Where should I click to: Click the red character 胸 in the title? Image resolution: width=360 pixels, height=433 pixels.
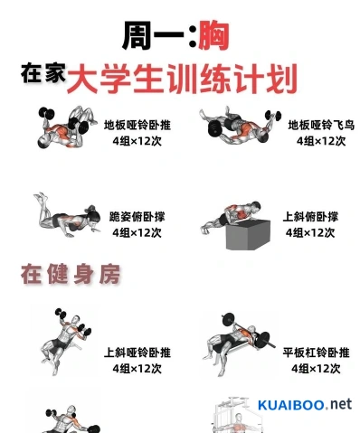click(213, 36)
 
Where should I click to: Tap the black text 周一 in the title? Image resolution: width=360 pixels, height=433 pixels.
click(153, 36)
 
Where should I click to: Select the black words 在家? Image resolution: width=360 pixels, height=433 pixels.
click(43, 72)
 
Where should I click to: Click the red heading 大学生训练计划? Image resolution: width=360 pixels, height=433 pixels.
click(183, 78)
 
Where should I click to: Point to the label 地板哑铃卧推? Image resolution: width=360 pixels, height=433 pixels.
click(137, 125)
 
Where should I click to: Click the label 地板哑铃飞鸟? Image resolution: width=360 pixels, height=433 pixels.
click(321, 125)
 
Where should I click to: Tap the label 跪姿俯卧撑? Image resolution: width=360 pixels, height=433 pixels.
click(137, 217)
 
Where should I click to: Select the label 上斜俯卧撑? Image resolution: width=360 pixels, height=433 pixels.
click(310, 217)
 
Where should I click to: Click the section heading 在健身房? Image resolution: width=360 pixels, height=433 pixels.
click(71, 274)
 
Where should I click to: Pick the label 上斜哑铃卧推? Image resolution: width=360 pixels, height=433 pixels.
click(137, 353)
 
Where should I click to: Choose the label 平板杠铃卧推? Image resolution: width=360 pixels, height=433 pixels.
click(316, 353)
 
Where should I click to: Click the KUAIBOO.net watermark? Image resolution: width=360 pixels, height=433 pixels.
click(305, 405)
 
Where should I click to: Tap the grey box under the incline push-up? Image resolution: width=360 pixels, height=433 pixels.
click(248, 235)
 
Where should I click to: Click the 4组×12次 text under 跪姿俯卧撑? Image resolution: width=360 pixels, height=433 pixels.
click(137, 232)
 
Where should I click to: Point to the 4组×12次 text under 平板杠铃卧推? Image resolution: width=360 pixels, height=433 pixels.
click(316, 369)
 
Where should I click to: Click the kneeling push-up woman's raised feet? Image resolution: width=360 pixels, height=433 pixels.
click(41, 197)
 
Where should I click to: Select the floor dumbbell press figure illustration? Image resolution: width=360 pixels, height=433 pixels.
click(67, 127)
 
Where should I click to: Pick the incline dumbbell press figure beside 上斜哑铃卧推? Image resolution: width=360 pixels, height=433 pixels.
click(66, 342)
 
